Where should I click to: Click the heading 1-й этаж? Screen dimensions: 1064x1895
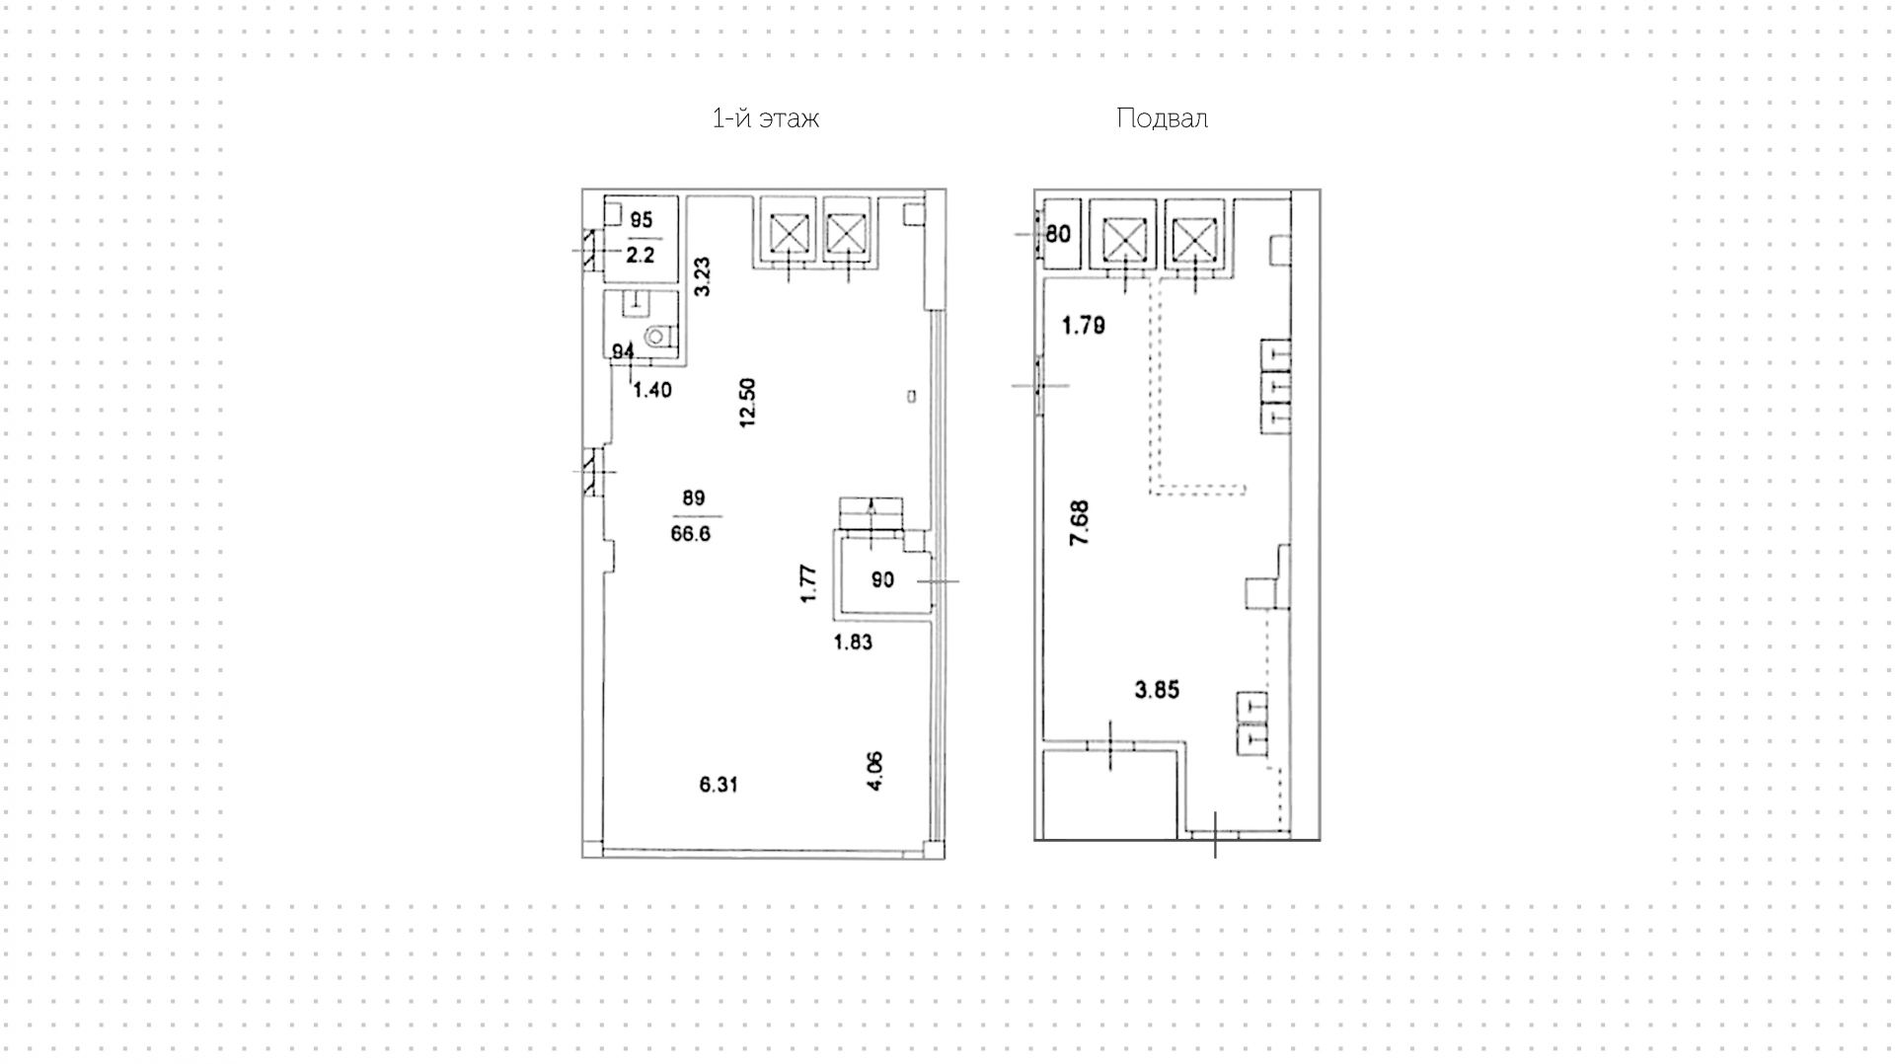pos(765,119)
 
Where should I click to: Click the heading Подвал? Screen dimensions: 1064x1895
pos(1162,119)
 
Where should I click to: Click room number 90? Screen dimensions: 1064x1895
pos(882,580)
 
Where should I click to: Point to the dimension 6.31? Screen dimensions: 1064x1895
pos(719,785)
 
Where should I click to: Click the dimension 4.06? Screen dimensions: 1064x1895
pos(874,771)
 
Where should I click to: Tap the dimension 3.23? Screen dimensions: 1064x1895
pos(702,276)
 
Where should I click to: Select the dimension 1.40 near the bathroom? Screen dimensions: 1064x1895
pos(651,390)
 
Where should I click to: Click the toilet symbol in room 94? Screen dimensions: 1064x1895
pos(655,338)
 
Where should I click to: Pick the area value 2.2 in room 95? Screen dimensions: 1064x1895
pos(641,255)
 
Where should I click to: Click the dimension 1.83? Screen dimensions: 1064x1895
pos(853,643)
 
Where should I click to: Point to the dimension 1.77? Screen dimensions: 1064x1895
pos(808,582)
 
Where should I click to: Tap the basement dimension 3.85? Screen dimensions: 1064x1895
pos(1157,690)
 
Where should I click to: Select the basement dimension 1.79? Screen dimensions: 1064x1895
pos(1083,325)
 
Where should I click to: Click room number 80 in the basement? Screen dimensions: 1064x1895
pos(1058,234)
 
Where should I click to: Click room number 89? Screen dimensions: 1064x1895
pos(693,498)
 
